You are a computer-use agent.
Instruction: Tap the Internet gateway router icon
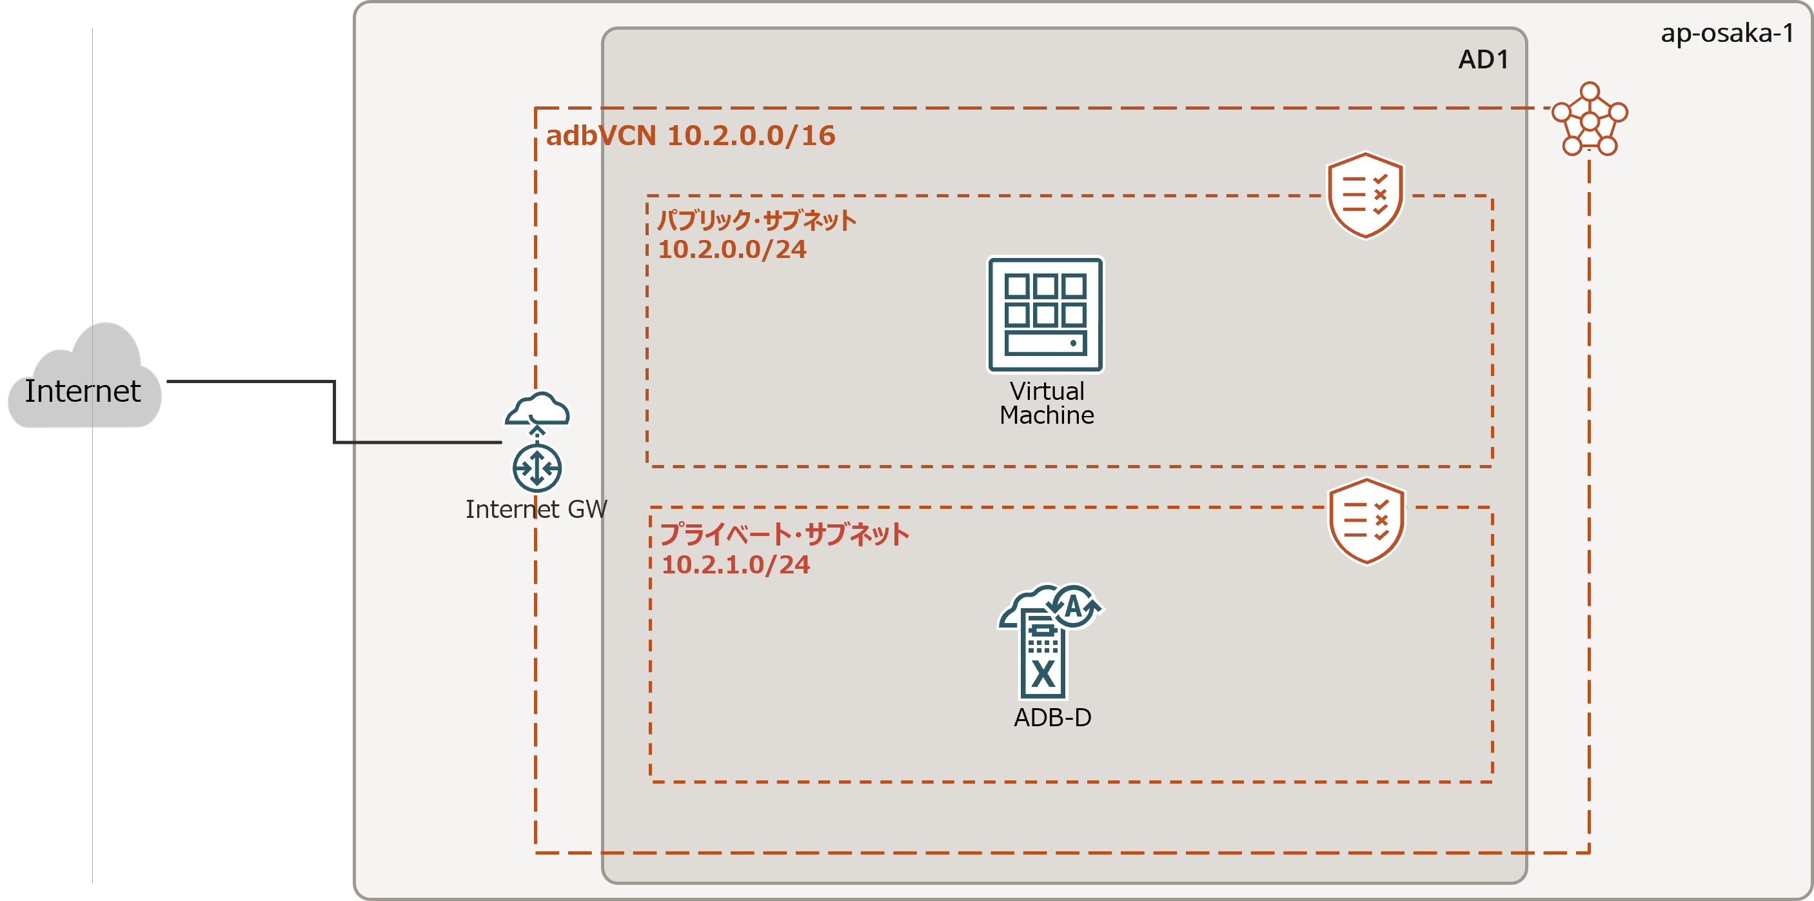coord(537,468)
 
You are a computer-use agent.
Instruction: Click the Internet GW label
coord(536,509)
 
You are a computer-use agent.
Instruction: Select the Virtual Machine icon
coord(1046,314)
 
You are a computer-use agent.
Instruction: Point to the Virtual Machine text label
coord(1047,403)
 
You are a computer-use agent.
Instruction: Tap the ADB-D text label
coord(1052,717)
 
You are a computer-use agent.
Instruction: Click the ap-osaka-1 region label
coord(1727,33)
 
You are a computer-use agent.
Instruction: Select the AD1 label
coord(1483,60)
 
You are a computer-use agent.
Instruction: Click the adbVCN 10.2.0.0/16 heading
coord(690,135)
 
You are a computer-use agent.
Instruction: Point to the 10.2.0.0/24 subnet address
coord(732,250)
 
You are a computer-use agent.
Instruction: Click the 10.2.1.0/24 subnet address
coord(735,564)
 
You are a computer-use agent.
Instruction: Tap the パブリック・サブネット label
coord(756,221)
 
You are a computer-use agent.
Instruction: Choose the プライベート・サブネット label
coord(784,534)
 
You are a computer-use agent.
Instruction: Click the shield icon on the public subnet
coord(1365,195)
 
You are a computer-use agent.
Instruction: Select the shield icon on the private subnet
coord(1366,521)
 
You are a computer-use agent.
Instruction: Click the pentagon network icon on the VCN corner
coord(1590,121)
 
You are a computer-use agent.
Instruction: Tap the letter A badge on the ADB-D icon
coord(1073,606)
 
